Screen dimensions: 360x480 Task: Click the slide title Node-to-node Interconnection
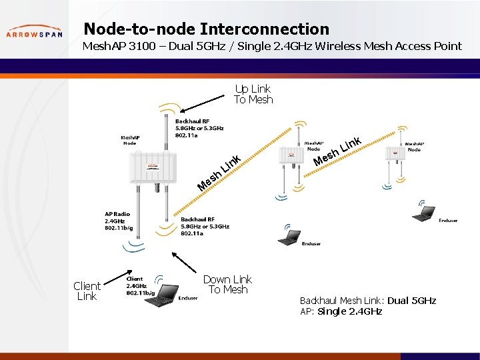pos(206,29)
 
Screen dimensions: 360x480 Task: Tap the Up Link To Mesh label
pos(253,94)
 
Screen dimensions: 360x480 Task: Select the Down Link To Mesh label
pos(227,285)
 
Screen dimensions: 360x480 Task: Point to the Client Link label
pos(87,291)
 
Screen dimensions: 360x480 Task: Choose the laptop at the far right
pos(423,213)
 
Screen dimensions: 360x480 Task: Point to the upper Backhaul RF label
pos(199,128)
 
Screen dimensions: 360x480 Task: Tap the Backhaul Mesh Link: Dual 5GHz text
pos(368,301)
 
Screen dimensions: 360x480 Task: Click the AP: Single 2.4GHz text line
pos(341,311)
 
